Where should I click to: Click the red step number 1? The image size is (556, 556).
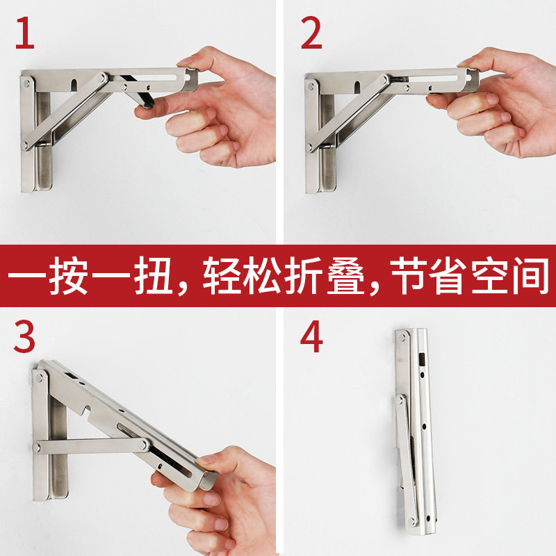pyautogui.click(x=25, y=33)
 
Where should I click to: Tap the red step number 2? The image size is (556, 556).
pyautogui.click(x=311, y=33)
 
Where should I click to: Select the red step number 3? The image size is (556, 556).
pyautogui.click(x=24, y=336)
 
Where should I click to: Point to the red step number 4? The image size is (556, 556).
pyautogui.click(x=311, y=336)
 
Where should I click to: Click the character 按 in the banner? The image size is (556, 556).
pyautogui.click(x=68, y=275)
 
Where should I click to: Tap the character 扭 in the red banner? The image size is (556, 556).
pyautogui.click(x=153, y=275)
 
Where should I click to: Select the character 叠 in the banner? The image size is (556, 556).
pyautogui.click(x=345, y=275)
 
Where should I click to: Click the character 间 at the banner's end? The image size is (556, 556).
pyautogui.click(x=529, y=275)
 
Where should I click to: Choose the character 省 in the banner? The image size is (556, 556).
pyautogui.click(x=447, y=275)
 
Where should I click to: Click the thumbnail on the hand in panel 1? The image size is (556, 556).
pyautogui.click(x=187, y=62)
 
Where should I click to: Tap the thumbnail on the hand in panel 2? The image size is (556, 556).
pyautogui.click(x=467, y=63)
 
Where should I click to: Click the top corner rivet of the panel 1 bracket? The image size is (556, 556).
pyautogui.click(x=26, y=83)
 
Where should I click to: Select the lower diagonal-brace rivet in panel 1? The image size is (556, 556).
pyautogui.click(x=25, y=145)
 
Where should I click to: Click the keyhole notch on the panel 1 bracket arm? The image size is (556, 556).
pyautogui.click(x=74, y=85)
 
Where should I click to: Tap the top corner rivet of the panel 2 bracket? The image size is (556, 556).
pyautogui.click(x=311, y=85)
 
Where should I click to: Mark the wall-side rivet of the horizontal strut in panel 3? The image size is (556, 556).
pyautogui.click(x=36, y=447)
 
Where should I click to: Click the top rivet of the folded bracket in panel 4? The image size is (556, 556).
pyautogui.click(x=402, y=338)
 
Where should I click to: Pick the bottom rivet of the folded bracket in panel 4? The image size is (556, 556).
pyautogui.click(x=411, y=521)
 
